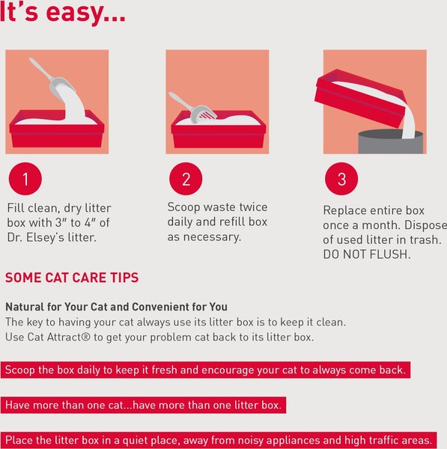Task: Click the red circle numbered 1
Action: click(25, 180)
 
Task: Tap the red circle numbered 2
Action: click(186, 180)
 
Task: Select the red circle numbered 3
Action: click(341, 180)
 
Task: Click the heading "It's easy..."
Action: click(63, 13)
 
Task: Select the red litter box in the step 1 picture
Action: click(56, 133)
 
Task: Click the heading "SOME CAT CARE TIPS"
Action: click(71, 278)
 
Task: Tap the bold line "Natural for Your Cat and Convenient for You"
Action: click(116, 307)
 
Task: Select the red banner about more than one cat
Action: click(145, 405)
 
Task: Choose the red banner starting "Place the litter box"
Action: click(218, 439)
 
